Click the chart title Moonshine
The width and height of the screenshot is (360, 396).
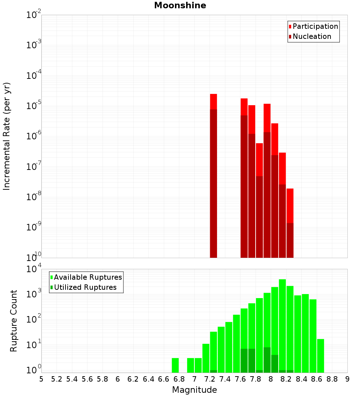pyautogui.click(x=180, y=6)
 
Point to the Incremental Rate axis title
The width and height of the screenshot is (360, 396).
pyautogui.click(x=7, y=136)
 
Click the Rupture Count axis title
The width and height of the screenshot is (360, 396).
pyautogui.click(x=14, y=321)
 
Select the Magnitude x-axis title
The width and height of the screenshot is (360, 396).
pyautogui.click(x=194, y=390)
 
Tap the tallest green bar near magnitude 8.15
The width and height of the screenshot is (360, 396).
pyautogui.click(x=283, y=324)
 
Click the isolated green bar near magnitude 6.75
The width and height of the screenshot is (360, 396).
pyautogui.click(x=175, y=365)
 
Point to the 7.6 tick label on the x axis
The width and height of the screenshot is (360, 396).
pyautogui.click(x=240, y=379)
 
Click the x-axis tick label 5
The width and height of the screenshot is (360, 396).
pyautogui.click(x=41, y=379)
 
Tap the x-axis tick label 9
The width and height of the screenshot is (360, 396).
pyautogui.click(x=347, y=379)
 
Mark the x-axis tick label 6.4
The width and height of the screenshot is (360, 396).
pyautogui.click(x=148, y=379)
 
